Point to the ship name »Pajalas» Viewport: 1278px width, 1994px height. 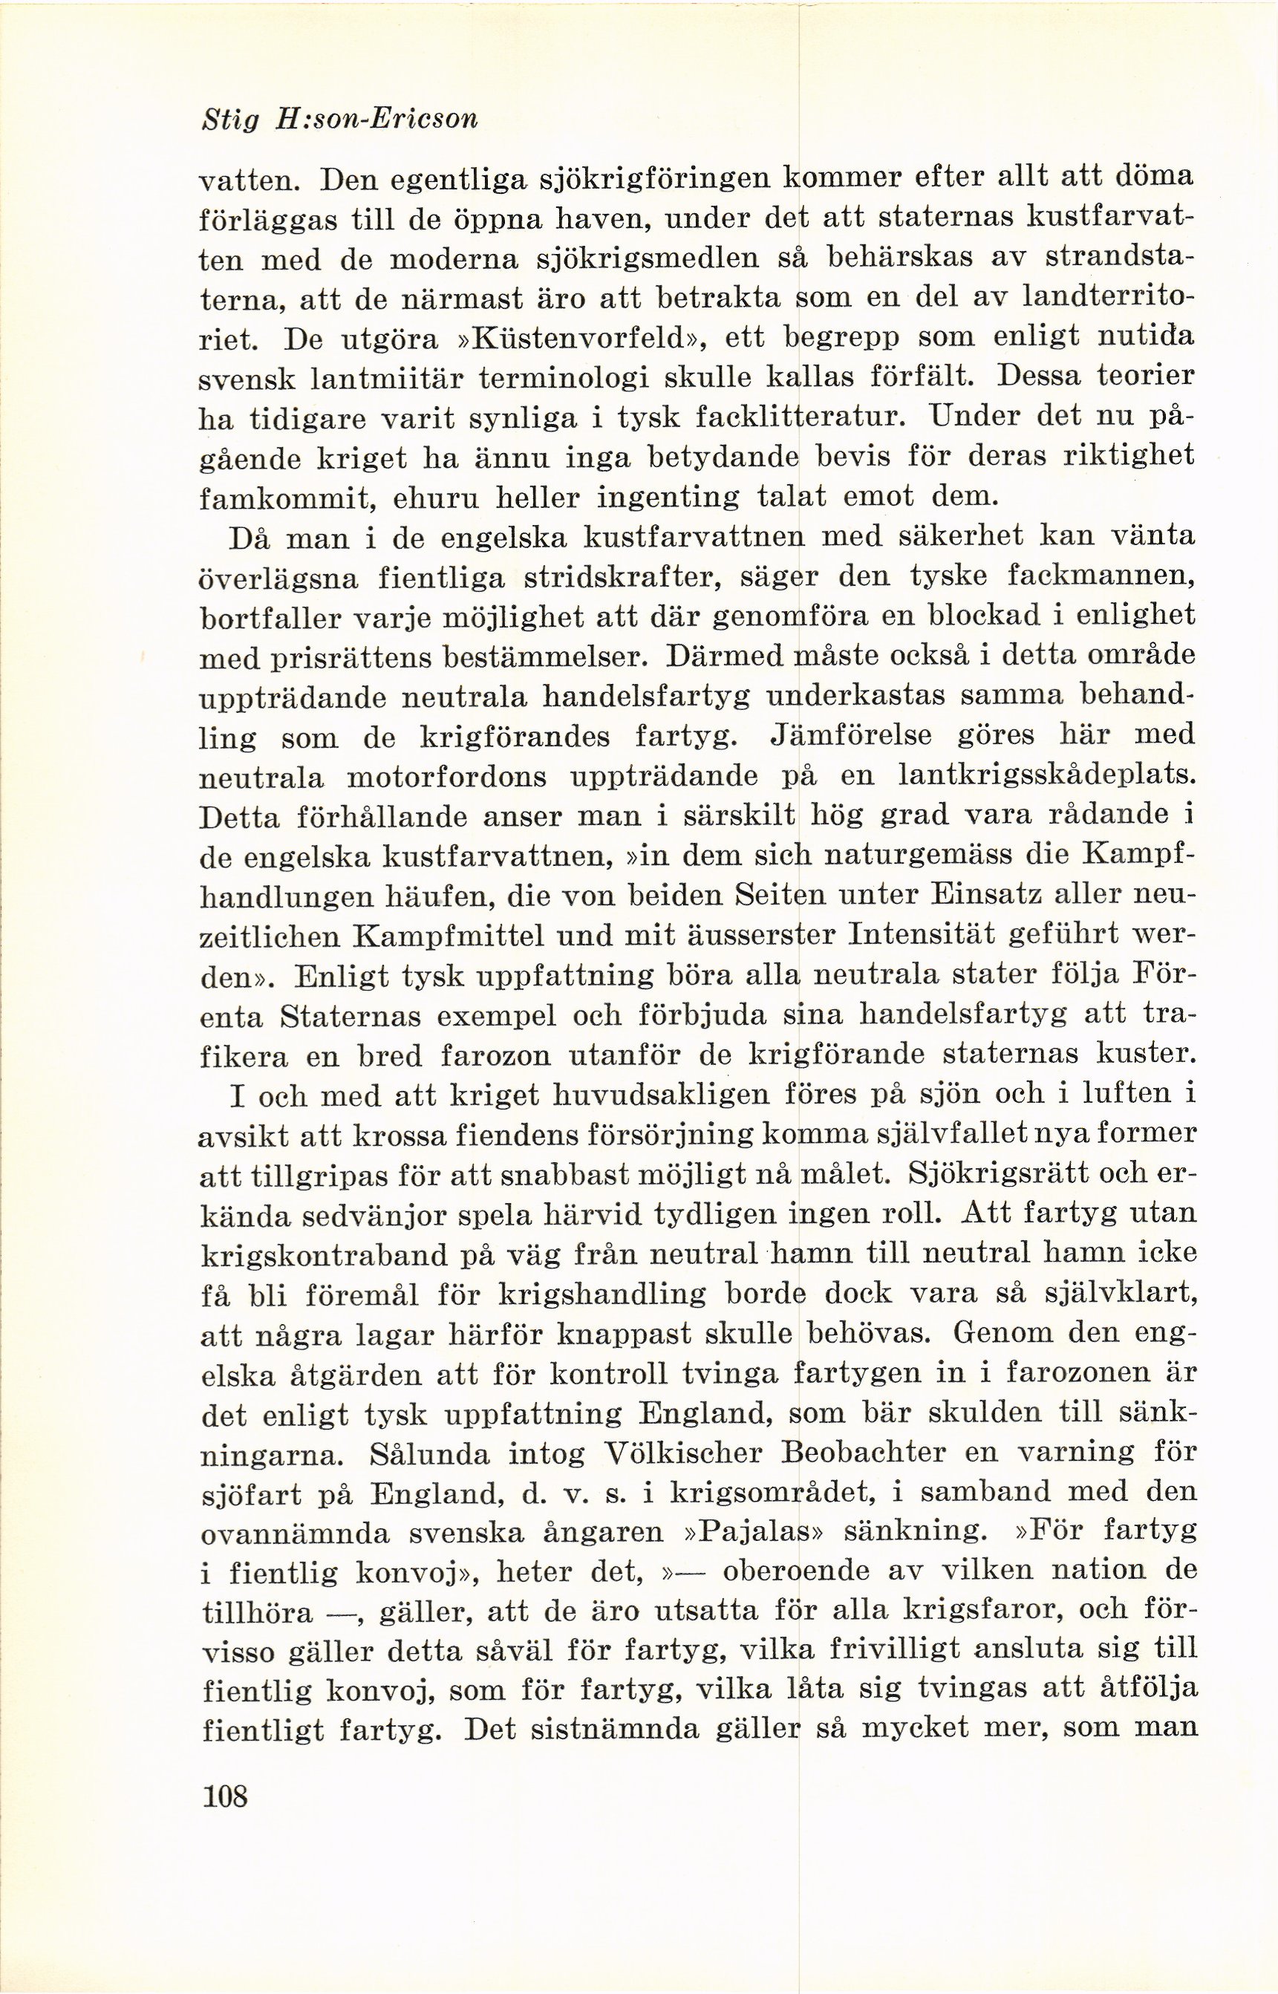[761, 1531]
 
